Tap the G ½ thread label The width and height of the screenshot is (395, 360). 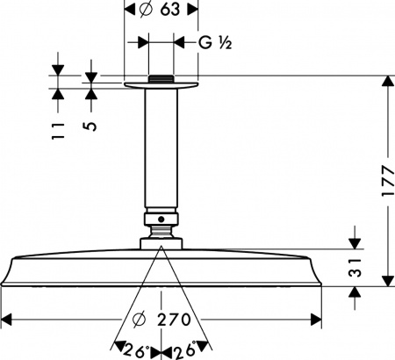click(213, 41)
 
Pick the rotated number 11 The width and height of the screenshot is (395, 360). click(57, 132)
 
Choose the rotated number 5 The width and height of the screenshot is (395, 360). click(90, 126)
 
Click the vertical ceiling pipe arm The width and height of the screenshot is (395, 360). click(162, 149)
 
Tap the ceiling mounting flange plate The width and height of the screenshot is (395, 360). click(162, 85)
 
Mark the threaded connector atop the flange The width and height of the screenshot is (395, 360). click(162, 78)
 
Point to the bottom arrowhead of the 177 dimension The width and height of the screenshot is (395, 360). click(385, 278)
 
